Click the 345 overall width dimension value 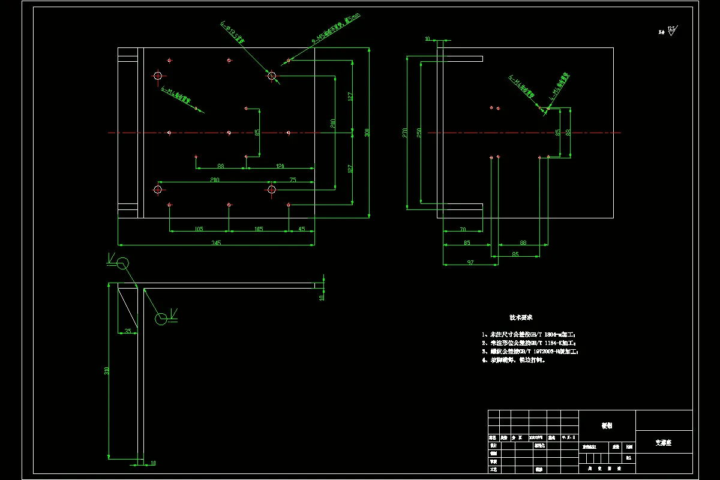tap(217, 242)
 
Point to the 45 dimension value tap(301, 229)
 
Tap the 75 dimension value tap(293, 179)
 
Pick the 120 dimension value tap(280, 166)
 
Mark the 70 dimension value tap(463, 229)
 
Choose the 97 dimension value tap(470, 262)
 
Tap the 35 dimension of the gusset tap(127, 331)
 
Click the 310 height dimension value tap(106, 371)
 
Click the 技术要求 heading tap(521, 317)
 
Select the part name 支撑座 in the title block tap(663, 443)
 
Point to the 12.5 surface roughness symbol tap(671, 30)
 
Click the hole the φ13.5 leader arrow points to tap(272, 76)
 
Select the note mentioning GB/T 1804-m tap(528, 334)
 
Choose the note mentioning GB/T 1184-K tap(528, 343)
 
